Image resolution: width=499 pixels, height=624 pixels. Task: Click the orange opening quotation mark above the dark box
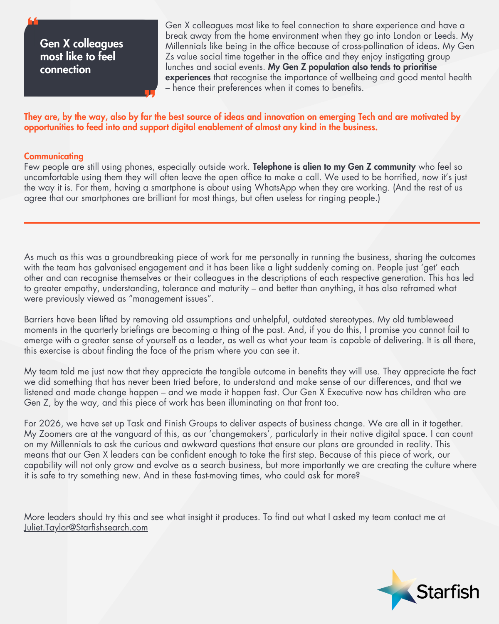tap(33, 21)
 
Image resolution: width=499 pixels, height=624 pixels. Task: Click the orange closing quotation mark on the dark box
tap(149, 94)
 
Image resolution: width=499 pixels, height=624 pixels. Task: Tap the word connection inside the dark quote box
tap(65, 69)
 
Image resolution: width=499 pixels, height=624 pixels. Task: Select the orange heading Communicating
tap(54, 156)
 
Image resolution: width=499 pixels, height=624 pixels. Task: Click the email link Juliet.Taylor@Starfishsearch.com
tap(86, 527)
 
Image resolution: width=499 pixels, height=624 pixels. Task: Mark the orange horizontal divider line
tap(252, 223)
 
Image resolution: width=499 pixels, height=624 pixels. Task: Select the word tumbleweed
tap(430, 319)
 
